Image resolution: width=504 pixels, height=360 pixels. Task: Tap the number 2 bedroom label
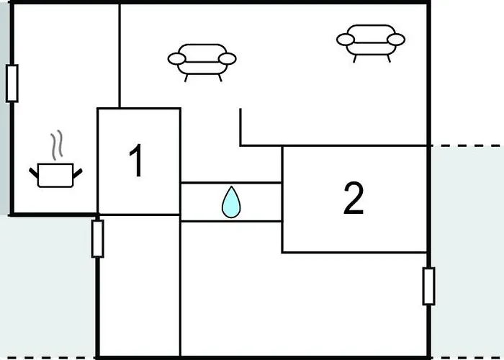354,198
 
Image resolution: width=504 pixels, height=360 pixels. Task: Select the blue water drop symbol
231,202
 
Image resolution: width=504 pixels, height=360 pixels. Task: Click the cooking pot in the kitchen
55,175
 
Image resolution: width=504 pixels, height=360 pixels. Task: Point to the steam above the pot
57,145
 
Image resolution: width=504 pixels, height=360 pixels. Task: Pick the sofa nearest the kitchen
202,63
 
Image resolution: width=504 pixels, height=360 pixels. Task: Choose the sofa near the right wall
371,43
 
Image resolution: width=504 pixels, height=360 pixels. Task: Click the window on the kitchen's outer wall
12,84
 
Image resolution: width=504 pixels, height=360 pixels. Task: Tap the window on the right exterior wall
429,286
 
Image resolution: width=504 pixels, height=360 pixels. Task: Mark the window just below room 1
97,238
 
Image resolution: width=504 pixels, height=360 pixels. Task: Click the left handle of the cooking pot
34,173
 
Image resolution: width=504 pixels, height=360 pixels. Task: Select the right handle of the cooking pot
78,174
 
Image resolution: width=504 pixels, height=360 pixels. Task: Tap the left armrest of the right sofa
346,40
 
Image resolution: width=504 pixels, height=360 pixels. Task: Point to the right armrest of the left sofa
228,59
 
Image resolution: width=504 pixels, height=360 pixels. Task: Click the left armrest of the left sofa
177,59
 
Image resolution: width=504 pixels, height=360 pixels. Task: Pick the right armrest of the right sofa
396,40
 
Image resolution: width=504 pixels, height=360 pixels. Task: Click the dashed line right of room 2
467,145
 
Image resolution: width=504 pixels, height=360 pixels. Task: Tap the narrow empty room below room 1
139,285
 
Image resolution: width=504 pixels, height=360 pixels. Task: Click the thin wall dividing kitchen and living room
120,55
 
